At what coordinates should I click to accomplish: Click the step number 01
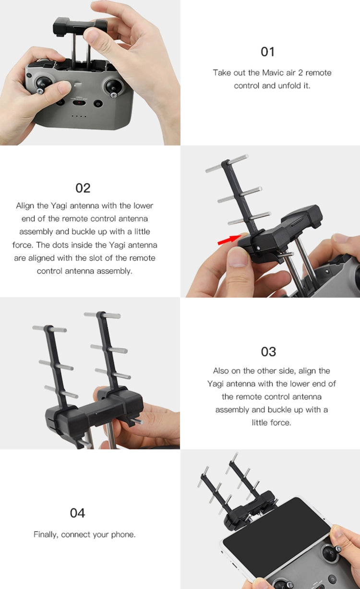point(268,52)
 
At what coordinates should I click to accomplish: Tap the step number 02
point(83,188)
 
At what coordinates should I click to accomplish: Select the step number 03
point(268,351)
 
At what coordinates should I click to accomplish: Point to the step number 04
point(77,513)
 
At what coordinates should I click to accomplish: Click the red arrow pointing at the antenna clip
point(229,240)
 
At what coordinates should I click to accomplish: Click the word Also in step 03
point(221,371)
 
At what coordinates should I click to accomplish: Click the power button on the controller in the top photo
point(98,104)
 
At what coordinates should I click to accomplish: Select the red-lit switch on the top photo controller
point(79,102)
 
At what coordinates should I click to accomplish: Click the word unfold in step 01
point(289,86)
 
